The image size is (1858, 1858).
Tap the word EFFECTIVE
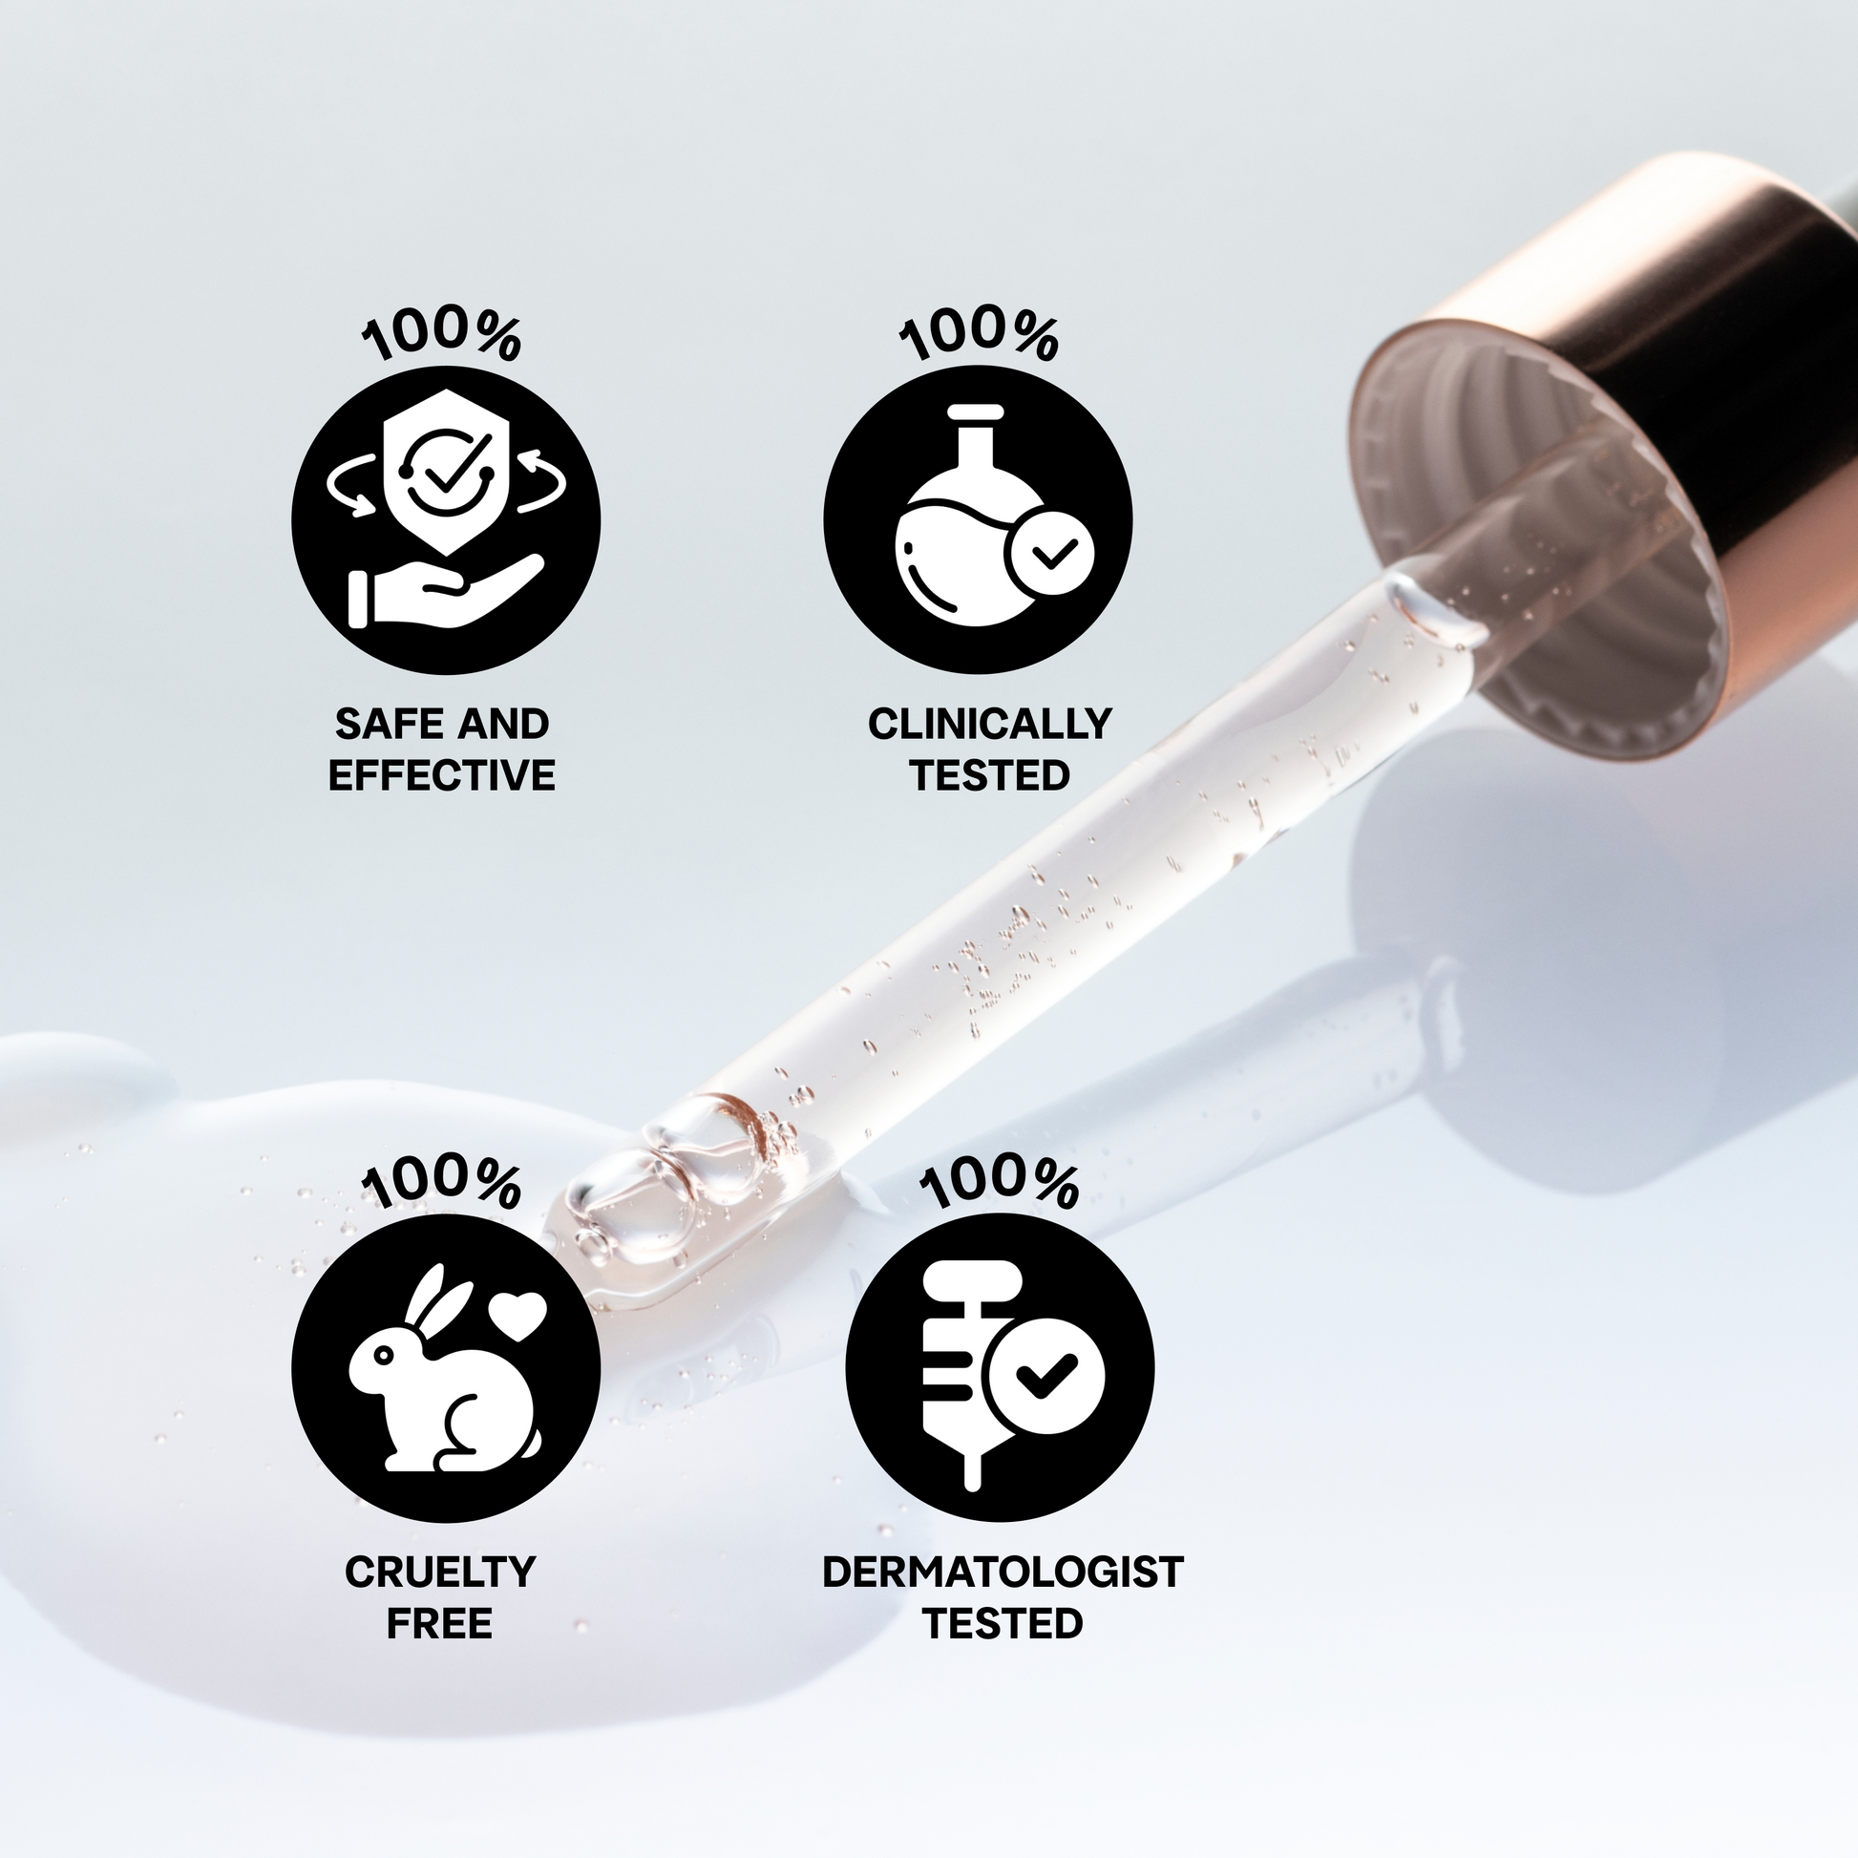(442, 775)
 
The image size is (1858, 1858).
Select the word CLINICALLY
(989, 723)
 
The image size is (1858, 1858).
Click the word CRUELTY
(439, 1572)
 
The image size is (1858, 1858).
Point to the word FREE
(439, 1623)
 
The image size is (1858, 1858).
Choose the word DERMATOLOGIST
(1003, 1572)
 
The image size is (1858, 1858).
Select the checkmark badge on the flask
(1050, 555)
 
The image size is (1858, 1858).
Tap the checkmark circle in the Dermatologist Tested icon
(1045, 1376)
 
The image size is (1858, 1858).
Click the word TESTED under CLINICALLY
(989, 775)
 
